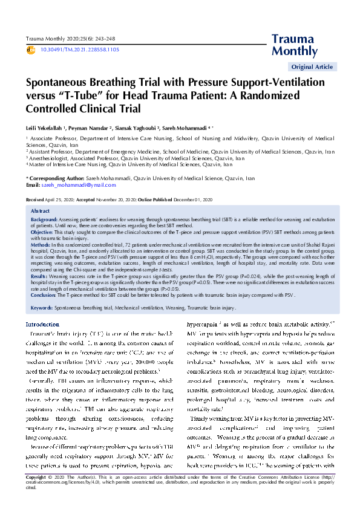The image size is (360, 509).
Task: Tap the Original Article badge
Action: coord(312,67)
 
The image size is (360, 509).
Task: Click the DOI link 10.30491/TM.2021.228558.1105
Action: coord(71,49)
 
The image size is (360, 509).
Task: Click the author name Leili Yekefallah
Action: coord(46,129)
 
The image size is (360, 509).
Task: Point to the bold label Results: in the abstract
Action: coord(40,275)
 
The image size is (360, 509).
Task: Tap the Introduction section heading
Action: coord(42,325)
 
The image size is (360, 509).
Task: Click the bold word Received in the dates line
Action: coord(35,199)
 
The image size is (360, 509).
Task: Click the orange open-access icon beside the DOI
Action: coord(31,49)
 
